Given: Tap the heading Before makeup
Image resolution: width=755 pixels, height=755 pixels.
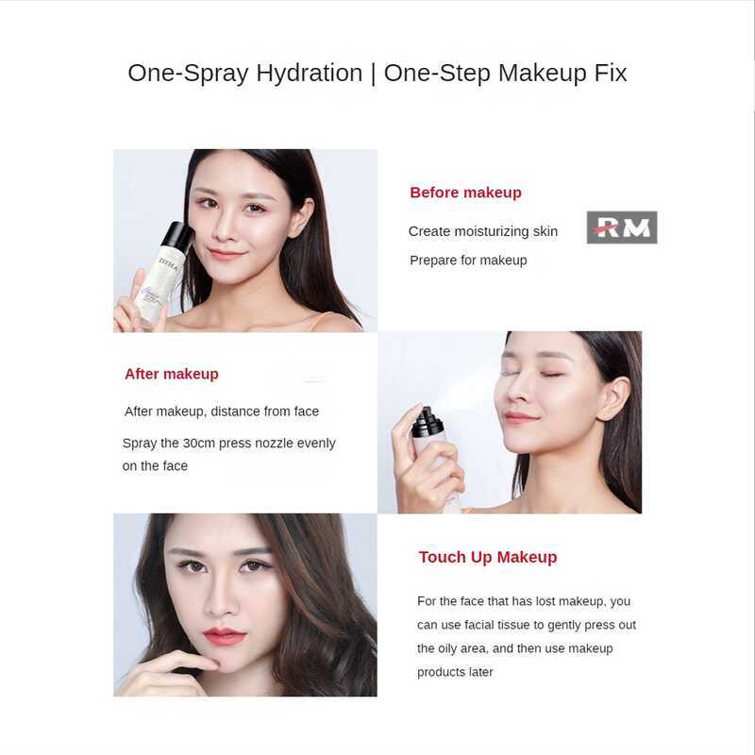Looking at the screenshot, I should (x=465, y=193).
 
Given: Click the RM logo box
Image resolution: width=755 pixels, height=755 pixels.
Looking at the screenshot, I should (x=622, y=227).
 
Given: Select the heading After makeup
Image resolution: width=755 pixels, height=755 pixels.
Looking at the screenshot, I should (x=171, y=374).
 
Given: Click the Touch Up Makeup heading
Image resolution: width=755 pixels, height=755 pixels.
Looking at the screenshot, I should (x=488, y=557).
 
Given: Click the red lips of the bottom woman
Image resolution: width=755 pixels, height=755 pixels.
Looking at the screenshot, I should (x=225, y=636).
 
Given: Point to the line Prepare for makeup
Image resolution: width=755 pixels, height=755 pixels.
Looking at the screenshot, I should (x=468, y=260).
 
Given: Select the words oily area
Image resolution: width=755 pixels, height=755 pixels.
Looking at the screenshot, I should (x=459, y=648).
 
